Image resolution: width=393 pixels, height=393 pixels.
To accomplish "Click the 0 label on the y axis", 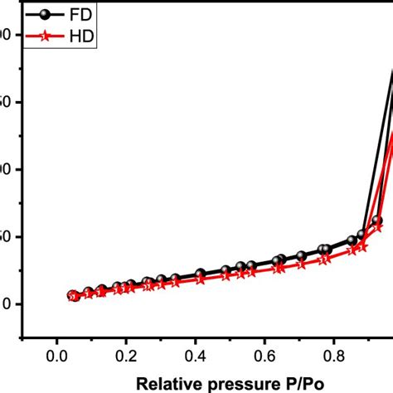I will pos(7,303).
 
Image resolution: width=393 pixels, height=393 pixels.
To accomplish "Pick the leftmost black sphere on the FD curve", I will pos(72,295).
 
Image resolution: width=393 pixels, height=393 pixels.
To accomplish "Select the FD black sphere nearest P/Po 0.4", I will pos(200,274).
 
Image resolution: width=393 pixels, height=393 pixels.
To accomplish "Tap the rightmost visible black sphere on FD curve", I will pos(377,221).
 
